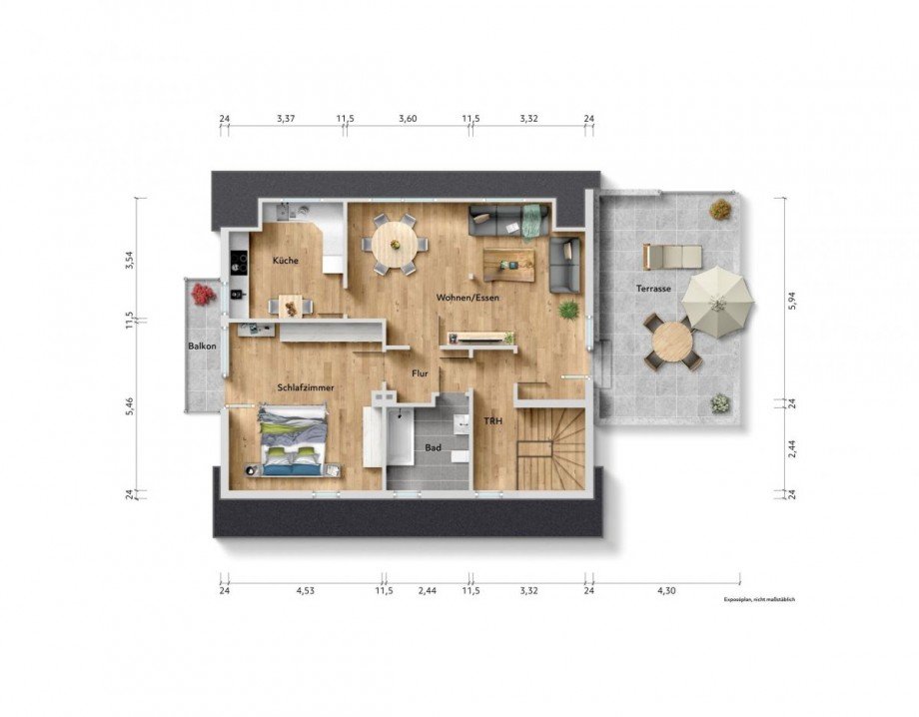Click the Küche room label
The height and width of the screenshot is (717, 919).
(x=286, y=261)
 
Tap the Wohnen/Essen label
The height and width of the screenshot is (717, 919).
(x=466, y=298)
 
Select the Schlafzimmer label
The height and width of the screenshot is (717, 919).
(x=306, y=386)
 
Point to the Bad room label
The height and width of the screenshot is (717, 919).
(x=433, y=448)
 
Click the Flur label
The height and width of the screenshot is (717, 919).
(x=421, y=374)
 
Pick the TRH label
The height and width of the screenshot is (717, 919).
(x=493, y=420)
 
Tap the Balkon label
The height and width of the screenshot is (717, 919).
(x=202, y=347)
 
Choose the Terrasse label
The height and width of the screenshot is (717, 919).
(x=653, y=289)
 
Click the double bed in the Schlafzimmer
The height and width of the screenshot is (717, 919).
(x=292, y=438)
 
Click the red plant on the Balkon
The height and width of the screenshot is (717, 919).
(x=203, y=294)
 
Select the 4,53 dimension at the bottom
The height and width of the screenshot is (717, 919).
(x=305, y=591)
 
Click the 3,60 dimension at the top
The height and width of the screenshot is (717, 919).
(x=408, y=119)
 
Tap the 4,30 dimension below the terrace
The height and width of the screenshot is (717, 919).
(x=666, y=591)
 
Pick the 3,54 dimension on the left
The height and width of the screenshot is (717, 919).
(x=128, y=260)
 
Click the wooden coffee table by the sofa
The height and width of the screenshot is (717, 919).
(x=508, y=263)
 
